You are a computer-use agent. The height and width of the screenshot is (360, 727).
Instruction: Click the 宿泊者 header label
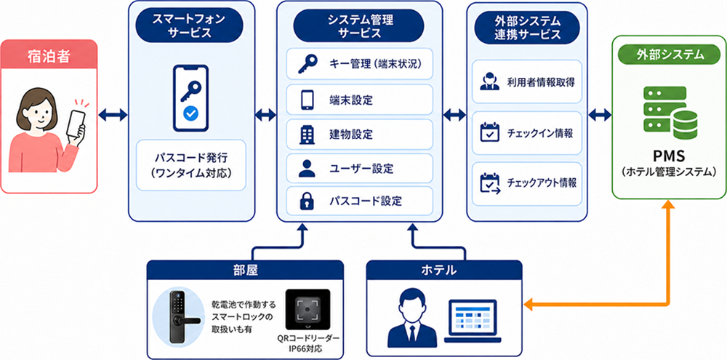49,57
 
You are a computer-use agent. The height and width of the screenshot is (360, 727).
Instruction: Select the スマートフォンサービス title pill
189,25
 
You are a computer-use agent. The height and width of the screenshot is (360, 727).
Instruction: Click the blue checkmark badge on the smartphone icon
190,113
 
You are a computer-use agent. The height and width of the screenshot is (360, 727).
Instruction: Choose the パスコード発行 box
190,165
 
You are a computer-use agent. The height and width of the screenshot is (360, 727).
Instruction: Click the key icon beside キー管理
307,65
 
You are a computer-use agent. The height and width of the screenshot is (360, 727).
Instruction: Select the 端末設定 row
359,100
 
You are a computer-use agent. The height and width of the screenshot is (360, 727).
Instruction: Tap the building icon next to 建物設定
307,134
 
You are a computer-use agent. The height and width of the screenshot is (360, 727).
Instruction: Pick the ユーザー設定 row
359,168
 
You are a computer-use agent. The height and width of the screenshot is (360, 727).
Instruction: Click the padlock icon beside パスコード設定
307,201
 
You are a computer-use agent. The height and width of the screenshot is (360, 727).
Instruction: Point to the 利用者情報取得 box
526,81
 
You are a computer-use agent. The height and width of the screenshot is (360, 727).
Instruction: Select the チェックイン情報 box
526,133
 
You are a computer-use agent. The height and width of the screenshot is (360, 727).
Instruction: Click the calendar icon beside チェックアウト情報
489,183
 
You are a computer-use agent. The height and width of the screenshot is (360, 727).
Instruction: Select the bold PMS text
669,155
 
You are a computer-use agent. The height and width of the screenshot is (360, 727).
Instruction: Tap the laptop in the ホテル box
470,321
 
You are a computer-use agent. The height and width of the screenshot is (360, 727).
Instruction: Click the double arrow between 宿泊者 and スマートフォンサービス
113,115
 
